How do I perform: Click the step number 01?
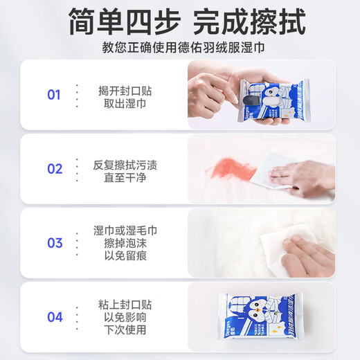tap(54, 95)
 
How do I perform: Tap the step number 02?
tap(54, 169)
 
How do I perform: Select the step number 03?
tap(54, 243)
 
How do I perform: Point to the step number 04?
tap(54, 317)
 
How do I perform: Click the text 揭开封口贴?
tap(125, 89)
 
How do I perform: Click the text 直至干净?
tap(120, 177)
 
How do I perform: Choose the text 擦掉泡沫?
tap(120, 243)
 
